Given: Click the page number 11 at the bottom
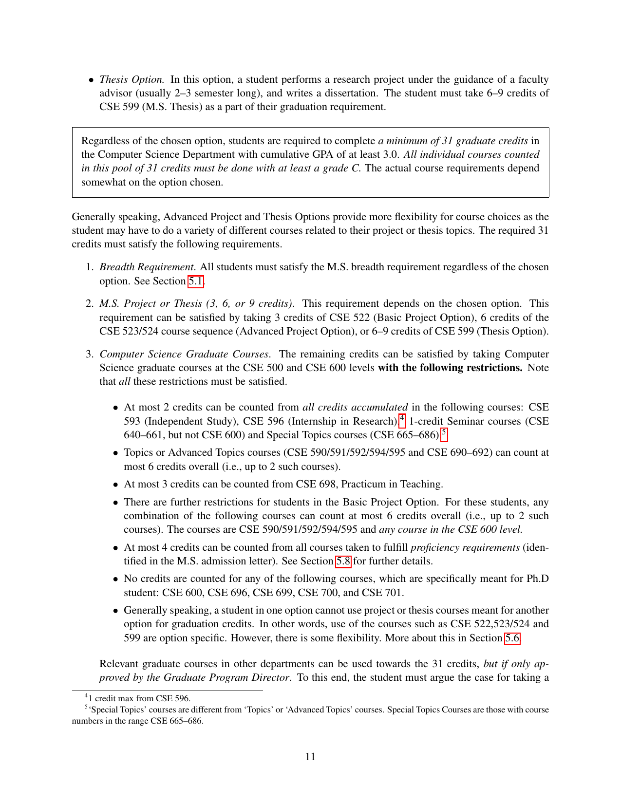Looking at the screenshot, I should point(310,756).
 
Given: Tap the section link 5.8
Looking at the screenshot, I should point(343,561).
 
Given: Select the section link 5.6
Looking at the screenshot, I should point(512,638).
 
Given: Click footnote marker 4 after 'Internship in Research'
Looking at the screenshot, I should point(402,418).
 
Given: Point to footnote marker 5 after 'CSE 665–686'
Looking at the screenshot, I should point(444,432).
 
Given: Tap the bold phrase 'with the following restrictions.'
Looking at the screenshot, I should point(450,368).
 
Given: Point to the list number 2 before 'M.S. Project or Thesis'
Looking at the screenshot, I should point(89,304).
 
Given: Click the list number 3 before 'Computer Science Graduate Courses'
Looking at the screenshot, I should point(89,354).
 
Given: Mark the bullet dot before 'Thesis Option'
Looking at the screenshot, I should point(91,80).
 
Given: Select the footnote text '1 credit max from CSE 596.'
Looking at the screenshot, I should point(139,698).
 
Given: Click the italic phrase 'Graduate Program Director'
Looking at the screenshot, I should point(226,677).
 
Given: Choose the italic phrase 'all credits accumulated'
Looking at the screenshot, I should point(355,407).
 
